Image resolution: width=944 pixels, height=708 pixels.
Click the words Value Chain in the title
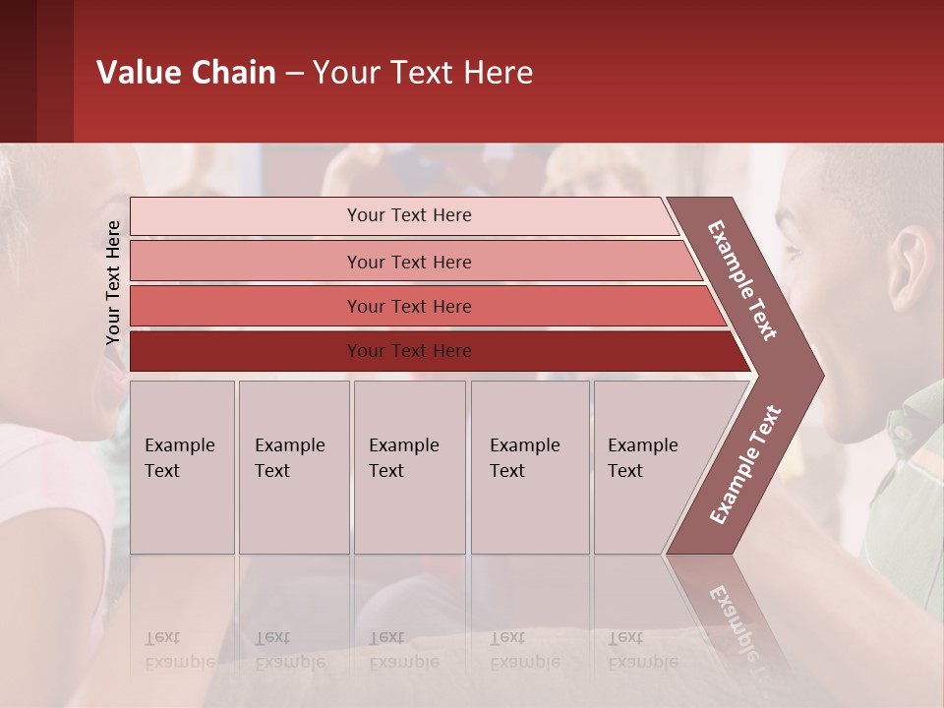coord(186,73)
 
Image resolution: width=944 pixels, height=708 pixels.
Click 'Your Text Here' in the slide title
coord(423,73)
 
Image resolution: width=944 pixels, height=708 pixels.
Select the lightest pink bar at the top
coord(408,215)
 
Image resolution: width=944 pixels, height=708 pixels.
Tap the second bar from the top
coord(408,262)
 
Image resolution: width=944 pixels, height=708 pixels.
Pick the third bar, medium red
coord(408,306)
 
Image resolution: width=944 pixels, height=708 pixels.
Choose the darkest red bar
coord(408,351)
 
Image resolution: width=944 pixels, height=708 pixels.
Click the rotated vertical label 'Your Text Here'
coord(113,282)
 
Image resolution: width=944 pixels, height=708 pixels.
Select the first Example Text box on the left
coord(182,467)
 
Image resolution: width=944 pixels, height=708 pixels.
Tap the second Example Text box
coord(293,467)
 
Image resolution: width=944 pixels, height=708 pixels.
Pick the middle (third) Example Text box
coord(409,467)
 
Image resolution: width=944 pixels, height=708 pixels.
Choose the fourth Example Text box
coord(530,467)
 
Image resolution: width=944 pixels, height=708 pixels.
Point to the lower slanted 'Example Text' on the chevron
coord(744,465)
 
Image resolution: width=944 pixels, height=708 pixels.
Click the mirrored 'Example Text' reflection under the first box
coord(178,650)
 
